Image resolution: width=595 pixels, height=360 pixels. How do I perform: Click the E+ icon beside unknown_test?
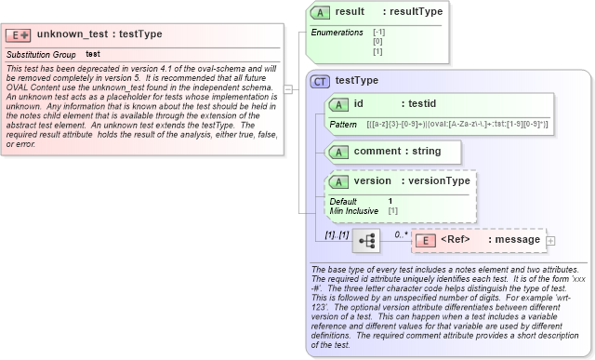click(x=19, y=34)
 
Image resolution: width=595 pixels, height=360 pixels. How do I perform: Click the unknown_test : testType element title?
click(x=99, y=34)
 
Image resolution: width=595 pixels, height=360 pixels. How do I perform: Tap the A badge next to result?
click(x=321, y=12)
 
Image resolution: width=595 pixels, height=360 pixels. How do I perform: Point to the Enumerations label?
click(x=337, y=33)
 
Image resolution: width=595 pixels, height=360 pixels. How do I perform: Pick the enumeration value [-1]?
click(x=378, y=33)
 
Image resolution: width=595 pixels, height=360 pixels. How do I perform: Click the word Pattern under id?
click(x=343, y=124)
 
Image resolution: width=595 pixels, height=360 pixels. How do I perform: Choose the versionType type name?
click(x=440, y=181)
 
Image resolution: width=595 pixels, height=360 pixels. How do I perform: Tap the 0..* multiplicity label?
click(x=401, y=234)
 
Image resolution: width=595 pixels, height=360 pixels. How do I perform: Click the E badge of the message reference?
click(x=424, y=241)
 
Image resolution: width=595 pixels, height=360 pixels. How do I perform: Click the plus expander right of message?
click(x=551, y=241)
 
